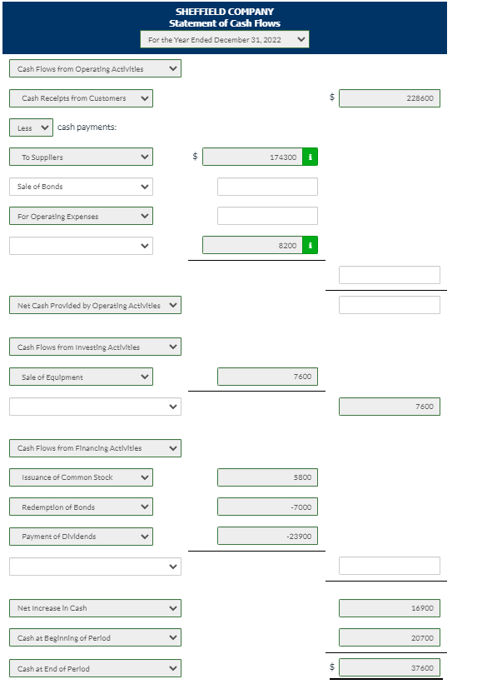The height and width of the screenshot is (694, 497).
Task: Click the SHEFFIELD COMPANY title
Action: [224, 12]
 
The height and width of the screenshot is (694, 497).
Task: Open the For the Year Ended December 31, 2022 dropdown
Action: [224, 39]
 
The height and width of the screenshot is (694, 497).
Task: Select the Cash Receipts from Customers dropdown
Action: [81, 98]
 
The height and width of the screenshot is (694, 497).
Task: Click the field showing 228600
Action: [389, 98]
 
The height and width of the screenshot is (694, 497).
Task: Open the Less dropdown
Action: [32, 127]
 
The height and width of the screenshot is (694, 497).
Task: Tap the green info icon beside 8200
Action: [310, 246]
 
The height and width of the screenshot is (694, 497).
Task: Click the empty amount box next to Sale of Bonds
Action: [267, 187]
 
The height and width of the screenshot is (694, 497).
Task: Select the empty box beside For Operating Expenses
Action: [267, 216]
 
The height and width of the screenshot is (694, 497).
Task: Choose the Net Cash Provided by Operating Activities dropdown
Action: [96, 306]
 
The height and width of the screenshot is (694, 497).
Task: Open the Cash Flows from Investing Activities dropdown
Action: [96, 347]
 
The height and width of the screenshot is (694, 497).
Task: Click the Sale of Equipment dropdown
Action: [81, 377]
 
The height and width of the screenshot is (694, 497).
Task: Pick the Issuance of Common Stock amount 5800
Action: [267, 477]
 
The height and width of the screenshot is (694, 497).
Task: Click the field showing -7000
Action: [267, 507]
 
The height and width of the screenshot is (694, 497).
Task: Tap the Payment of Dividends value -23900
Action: [267, 537]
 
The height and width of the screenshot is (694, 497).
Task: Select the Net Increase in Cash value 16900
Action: [389, 608]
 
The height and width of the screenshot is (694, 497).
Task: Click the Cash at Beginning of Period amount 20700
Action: [389, 638]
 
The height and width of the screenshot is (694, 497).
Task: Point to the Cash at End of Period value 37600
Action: [389, 668]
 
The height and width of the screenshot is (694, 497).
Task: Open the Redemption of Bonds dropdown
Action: [81, 507]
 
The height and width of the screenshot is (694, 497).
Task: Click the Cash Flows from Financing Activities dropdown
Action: [96, 448]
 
